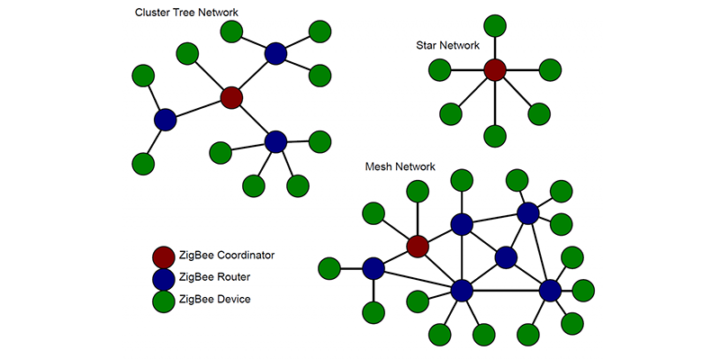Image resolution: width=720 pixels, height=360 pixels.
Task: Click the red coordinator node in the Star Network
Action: (494, 69)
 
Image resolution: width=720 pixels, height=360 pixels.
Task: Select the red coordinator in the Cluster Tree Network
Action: (231, 97)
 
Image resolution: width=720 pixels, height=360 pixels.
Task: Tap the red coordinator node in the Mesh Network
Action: (418, 246)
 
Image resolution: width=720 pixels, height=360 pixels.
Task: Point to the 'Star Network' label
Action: (447, 45)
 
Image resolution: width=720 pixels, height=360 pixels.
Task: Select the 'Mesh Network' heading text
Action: (400, 167)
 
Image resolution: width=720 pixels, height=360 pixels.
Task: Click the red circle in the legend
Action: (164, 256)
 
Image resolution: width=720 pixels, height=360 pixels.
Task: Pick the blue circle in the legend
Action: (164, 277)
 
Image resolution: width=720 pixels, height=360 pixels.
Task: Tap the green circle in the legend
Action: (164, 299)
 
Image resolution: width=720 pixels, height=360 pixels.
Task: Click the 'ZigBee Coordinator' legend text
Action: (226, 256)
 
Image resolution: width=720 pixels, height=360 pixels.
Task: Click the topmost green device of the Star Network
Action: (494, 25)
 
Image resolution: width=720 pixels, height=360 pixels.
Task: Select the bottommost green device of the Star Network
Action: (494, 137)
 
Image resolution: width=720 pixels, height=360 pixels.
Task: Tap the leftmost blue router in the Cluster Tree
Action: (165, 119)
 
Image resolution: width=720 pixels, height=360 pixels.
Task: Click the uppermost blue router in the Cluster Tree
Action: (276, 54)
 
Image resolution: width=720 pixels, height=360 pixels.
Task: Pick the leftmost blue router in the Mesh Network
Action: (373, 267)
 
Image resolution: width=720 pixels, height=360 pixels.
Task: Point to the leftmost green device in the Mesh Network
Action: (329, 267)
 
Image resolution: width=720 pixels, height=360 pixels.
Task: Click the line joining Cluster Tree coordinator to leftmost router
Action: (198, 108)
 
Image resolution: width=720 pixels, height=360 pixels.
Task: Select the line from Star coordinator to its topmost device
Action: (494, 47)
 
